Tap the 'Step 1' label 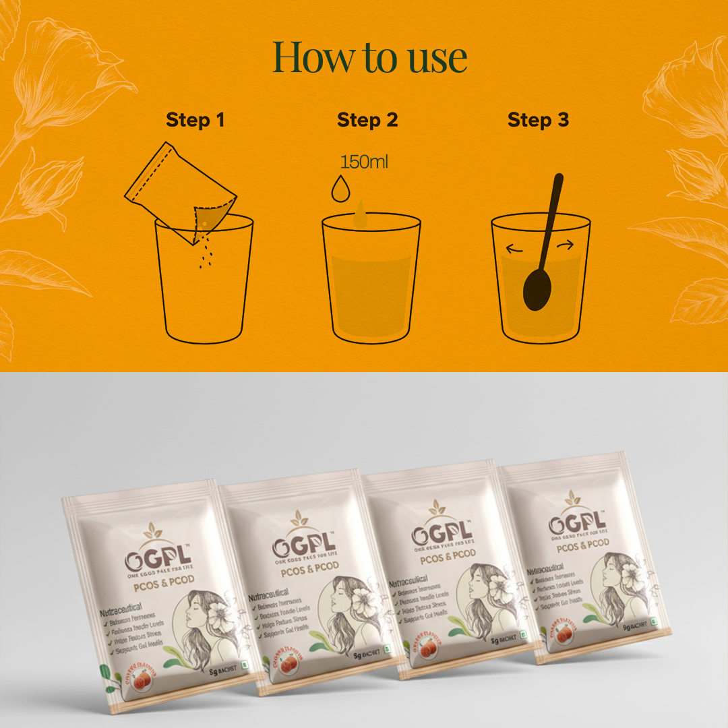(x=195, y=120)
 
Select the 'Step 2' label (x=367, y=120)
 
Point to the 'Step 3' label (x=538, y=120)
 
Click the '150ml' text (x=364, y=162)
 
